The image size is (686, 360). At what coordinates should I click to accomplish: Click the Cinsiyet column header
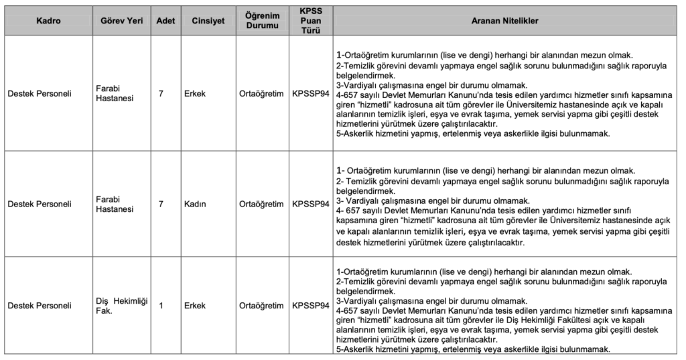[205, 21]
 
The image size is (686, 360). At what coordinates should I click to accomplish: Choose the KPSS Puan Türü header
[311, 21]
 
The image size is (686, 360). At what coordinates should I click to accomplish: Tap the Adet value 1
[161, 306]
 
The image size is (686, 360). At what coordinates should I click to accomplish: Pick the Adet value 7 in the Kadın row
[161, 204]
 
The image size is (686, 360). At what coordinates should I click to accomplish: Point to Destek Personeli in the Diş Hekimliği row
[40, 306]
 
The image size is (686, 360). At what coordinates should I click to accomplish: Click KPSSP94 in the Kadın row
[311, 204]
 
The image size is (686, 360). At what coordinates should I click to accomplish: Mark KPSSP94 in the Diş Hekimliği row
[311, 306]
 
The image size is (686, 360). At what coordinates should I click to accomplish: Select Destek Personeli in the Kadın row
[40, 204]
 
